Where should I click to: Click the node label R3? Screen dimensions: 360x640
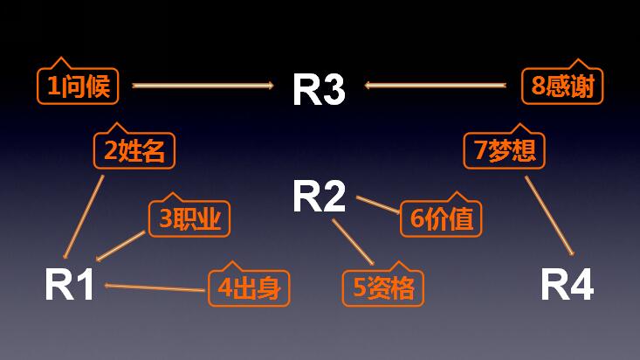pyautogui.click(x=318, y=88)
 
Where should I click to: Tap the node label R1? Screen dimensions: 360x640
pyautogui.click(x=70, y=285)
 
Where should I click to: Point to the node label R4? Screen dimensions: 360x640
pyautogui.click(x=567, y=285)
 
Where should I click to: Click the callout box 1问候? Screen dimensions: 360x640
pyautogui.click(x=79, y=86)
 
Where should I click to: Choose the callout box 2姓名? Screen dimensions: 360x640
pyautogui.click(x=134, y=150)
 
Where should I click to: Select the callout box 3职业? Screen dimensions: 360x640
pyautogui.click(x=189, y=218)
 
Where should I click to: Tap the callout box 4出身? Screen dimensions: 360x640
pyautogui.click(x=250, y=287)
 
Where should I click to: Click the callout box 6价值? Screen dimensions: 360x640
pyautogui.click(x=442, y=218)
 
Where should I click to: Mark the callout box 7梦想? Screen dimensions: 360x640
pyautogui.click(x=505, y=150)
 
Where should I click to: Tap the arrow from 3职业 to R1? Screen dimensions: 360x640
pyautogui.click(x=120, y=246)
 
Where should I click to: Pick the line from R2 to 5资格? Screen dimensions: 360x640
pyautogui.click(x=353, y=242)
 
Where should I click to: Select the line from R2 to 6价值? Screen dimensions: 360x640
pyautogui.click(x=377, y=204)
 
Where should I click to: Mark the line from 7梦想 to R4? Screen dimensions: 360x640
pyautogui.click(x=549, y=215)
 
